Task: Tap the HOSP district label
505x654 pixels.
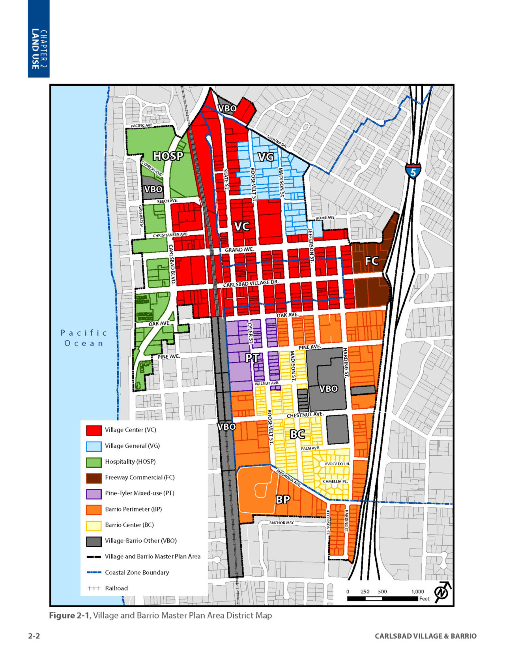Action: [x=168, y=156]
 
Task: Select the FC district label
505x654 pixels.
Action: [x=371, y=261]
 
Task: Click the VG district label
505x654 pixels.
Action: [x=266, y=157]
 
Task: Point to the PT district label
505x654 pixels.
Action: [x=252, y=358]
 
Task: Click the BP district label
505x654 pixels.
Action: [x=282, y=500]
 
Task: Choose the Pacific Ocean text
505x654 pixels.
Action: [x=84, y=338]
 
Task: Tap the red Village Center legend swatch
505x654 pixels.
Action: [x=94, y=430]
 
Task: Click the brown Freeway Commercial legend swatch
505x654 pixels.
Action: [x=94, y=477]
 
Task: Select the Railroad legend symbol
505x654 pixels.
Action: [x=94, y=588]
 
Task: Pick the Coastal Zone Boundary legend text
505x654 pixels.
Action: [x=137, y=572]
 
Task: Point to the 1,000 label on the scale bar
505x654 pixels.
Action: [x=417, y=591]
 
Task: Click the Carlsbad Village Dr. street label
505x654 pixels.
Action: [x=251, y=284]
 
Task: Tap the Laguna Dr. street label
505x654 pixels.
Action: [x=277, y=141]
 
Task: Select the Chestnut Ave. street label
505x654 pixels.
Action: [x=305, y=415]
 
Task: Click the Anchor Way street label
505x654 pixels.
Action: [x=281, y=522]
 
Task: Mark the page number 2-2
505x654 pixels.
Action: [x=34, y=636]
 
